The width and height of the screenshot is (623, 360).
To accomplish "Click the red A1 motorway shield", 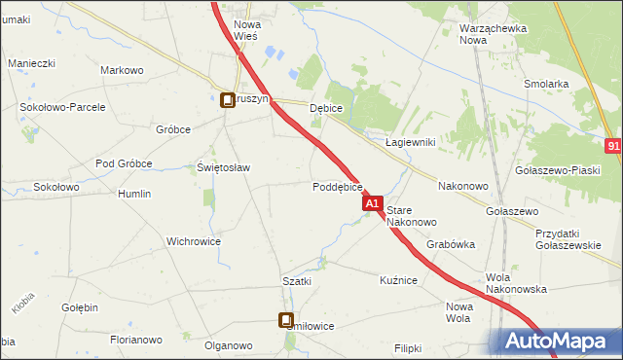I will point(372,204).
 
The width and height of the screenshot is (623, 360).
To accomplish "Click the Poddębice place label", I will point(338,187).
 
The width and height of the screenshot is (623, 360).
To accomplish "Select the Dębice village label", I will point(326,109).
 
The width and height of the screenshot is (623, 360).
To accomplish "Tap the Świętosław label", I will point(224,167).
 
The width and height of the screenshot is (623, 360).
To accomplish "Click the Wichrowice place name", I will point(194,241).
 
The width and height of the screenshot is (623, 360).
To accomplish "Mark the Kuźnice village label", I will point(398,280).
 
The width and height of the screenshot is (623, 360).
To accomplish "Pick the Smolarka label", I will point(545,84).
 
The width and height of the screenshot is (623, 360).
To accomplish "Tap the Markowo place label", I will point(123,70).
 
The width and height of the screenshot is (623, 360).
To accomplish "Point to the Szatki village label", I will point(297,281).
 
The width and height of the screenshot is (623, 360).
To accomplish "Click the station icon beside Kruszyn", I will point(227,99).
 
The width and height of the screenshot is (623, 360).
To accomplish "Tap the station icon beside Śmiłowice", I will point(287,319).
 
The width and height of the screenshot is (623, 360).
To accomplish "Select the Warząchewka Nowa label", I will point(493,34).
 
